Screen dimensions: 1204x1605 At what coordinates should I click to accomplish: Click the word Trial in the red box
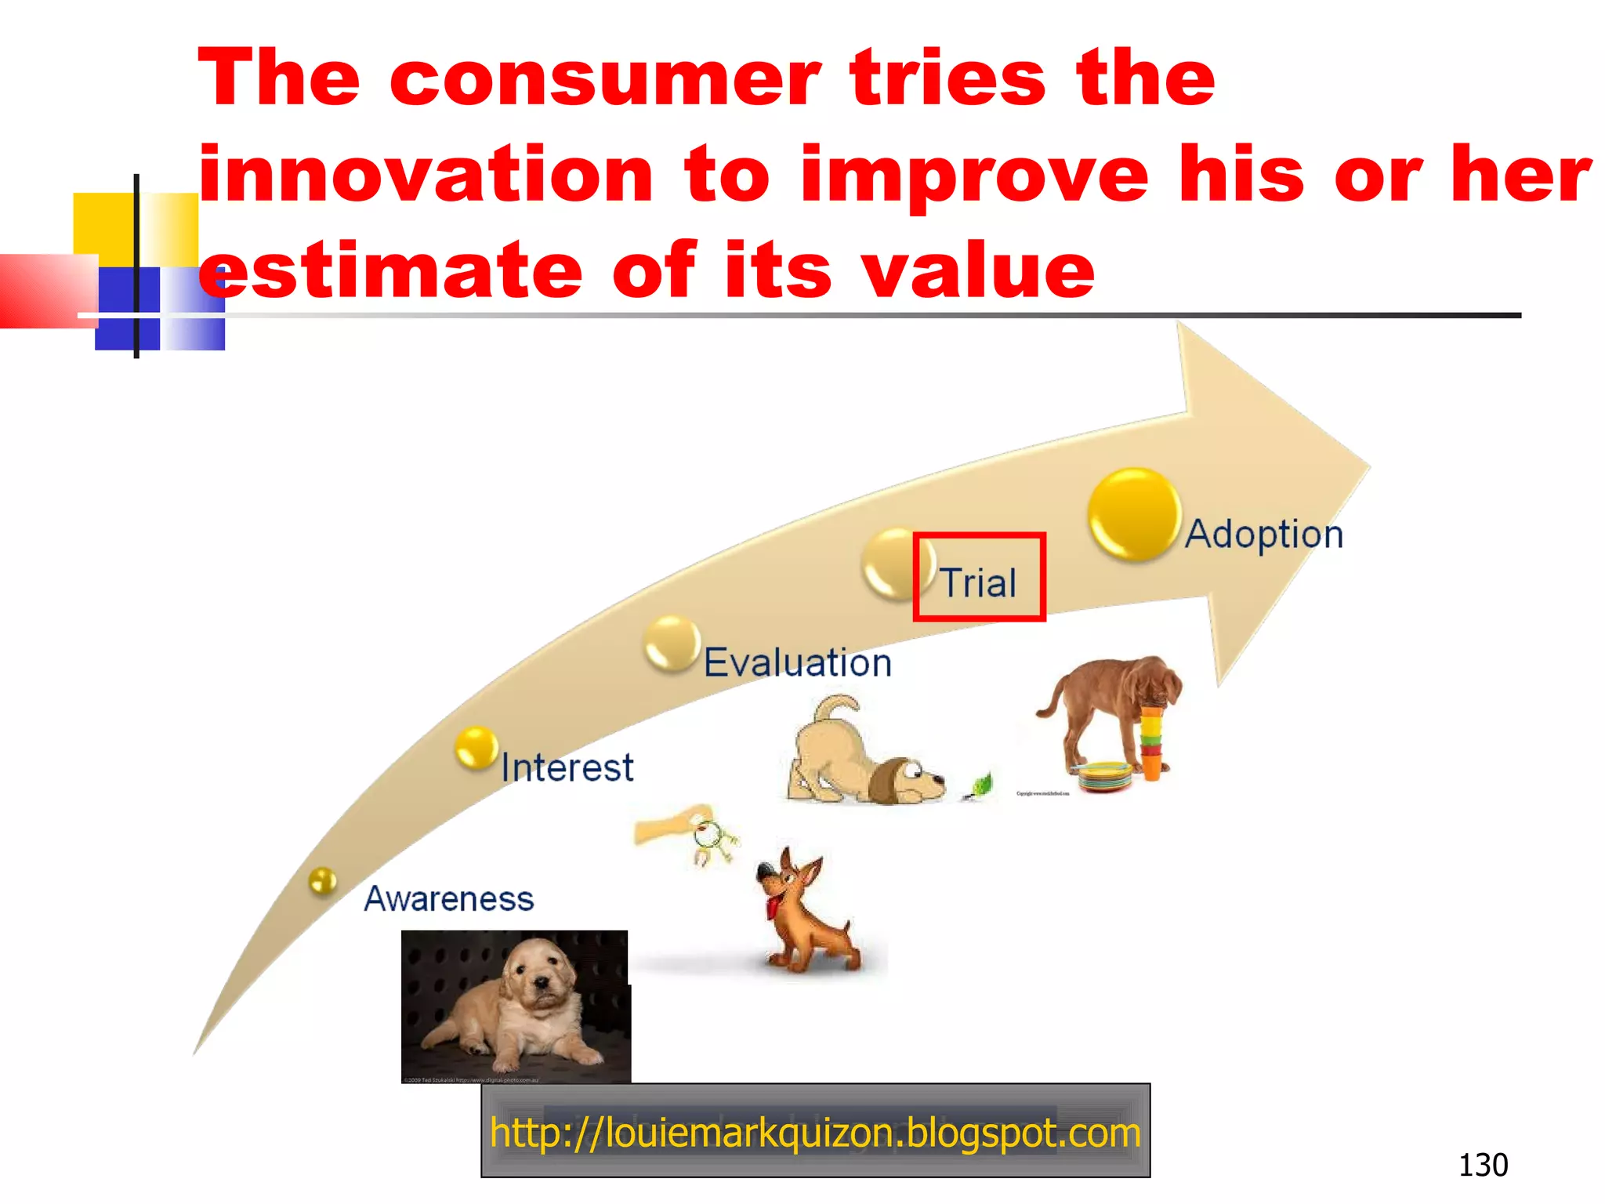pos(978,582)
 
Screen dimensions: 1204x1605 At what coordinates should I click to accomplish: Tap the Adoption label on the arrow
pos(1263,535)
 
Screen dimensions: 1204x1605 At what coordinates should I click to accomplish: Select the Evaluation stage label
pos(797,663)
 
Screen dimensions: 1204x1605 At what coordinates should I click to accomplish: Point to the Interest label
pos(567,767)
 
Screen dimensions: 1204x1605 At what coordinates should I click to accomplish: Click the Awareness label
pos(449,898)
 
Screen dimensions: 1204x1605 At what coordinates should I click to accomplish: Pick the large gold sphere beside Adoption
pos(1134,514)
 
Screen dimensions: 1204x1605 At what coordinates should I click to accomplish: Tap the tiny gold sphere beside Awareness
pos(322,881)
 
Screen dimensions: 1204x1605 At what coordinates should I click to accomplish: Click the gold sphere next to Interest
pos(476,748)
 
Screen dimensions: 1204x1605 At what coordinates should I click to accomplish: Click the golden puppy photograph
pos(515,1006)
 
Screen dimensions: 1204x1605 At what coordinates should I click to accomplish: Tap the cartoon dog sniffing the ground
pos(862,756)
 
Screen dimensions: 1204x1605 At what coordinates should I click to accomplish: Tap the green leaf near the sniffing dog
pos(979,785)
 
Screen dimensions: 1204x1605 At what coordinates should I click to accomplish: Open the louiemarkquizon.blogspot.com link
pos(815,1133)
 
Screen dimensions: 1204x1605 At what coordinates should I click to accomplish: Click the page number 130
pos(1483,1165)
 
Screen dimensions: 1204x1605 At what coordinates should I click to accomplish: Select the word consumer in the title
pos(604,78)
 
